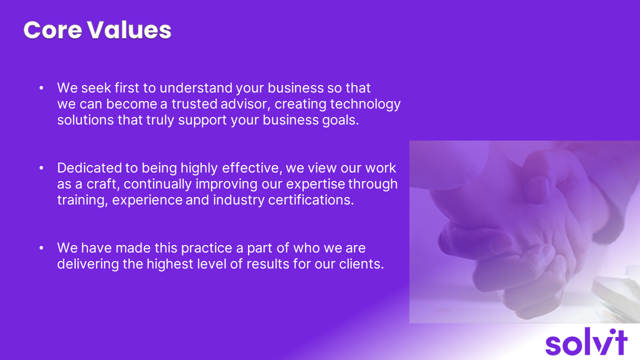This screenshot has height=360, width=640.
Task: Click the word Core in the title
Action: [x=53, y=30]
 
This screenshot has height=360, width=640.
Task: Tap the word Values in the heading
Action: [x=129, y=30]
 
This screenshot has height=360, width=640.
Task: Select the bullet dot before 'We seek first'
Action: [x=41, y=88]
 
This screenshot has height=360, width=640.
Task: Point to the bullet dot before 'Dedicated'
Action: [x=41, y=168]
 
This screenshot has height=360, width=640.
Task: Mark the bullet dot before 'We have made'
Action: [x=41, y=248]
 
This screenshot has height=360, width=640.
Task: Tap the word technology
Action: [x=365, y=104]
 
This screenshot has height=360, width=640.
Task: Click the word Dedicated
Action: [x=89, y=168]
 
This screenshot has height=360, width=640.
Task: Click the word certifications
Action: [x=311, y=200]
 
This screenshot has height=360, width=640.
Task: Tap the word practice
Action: [x=206, y=248]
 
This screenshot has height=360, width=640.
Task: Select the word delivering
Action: [x=88, y=264]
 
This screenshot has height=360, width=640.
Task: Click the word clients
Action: [x=361, y=264]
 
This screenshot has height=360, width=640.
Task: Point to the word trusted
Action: [x=194, y=104]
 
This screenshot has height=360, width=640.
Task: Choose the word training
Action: [x=82, y=200]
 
